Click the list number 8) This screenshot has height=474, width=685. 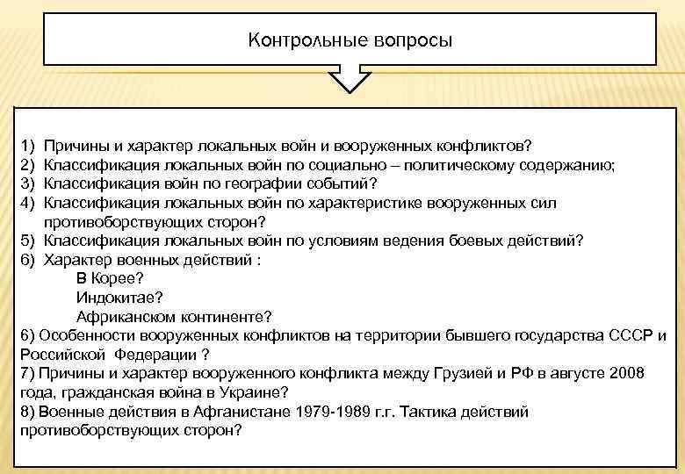pos(26,412)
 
